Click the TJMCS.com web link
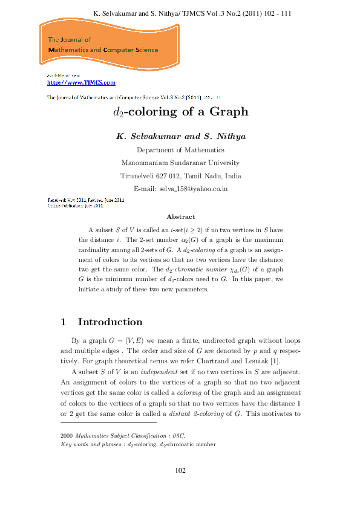point(81,83)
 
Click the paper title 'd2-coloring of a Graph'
point(181,112)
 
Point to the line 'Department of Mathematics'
point(180,150)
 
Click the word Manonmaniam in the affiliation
point(145,163)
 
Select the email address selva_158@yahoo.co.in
point(193,189)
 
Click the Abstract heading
point(180,216)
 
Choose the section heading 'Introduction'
point(110,322)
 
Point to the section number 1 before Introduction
point(64,322)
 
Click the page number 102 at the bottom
point(180,470)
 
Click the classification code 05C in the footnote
point(180,435)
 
